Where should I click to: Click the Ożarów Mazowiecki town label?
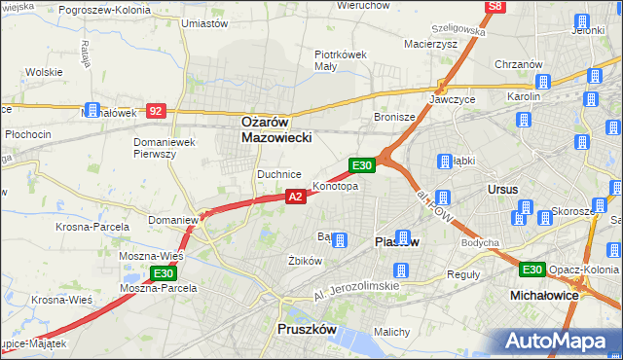pyautogui.click(x=276, y=130)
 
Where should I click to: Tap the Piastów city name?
pyautogui.click(x=396, y=242)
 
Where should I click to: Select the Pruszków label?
pyautogui.click(x=306, y=330)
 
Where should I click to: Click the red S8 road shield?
pyautogui.click(x=495, y=7)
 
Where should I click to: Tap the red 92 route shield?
pyautogui.click(x=156, y=111)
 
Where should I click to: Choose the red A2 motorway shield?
pyautogui.click(x=297, y=197)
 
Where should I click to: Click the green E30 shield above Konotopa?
pyautogui.click(x=362, y=166)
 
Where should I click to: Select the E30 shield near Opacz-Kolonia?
pyautogui.click(x=531, y=270)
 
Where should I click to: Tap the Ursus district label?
pyautogui.click(x=503, y=189)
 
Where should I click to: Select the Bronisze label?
pyautogui.click(x=394, y=117)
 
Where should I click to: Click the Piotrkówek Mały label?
pyautogui.click(x=339, y=60)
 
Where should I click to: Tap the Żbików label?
pyautogui.click(x=305, y=261)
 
